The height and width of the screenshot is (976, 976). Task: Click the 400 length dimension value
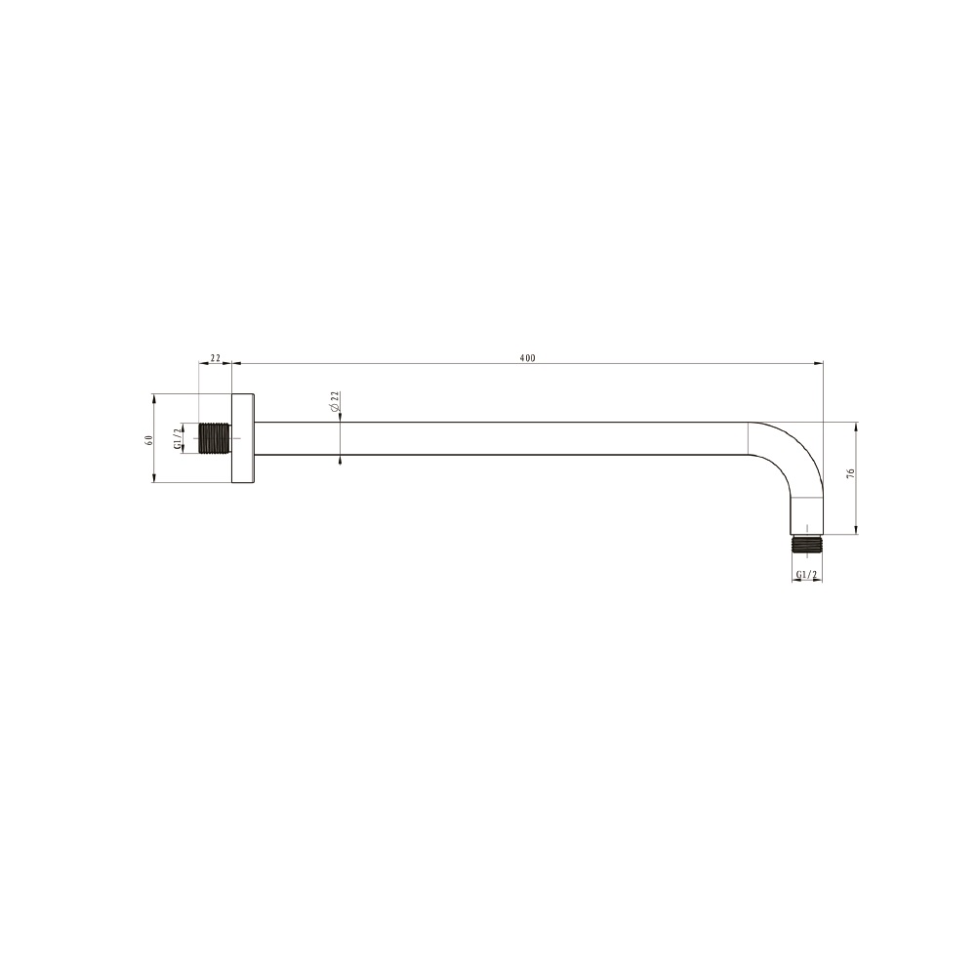click(527, 358)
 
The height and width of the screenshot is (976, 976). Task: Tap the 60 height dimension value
click(148, 440)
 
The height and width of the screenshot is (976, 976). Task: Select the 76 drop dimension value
click(850, 473)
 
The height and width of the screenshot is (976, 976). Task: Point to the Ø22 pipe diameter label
click(334, 401)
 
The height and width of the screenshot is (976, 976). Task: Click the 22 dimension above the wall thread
click(216, 358)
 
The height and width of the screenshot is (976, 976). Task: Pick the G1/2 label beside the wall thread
click(178, 438)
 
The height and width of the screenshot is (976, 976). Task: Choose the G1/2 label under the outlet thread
click(806, 575)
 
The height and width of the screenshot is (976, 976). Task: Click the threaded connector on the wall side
click(215, 438)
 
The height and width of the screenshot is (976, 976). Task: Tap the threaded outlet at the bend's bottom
click(807, 544)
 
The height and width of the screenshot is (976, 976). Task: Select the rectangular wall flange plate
click(243, 438)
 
